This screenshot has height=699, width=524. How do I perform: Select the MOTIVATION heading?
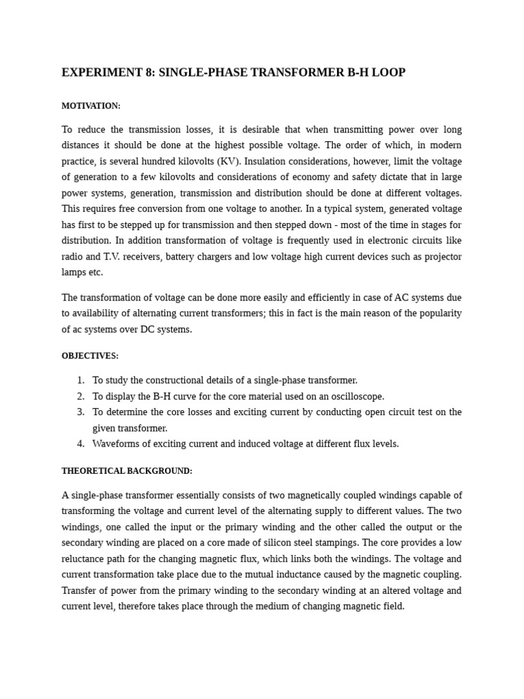click(91, 106)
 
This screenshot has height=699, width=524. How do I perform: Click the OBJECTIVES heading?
click(90, 356)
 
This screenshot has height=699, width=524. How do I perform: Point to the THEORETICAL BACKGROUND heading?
click(127, 471)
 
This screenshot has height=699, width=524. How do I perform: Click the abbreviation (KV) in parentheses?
click(229, 161)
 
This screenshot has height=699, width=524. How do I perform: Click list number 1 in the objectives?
click(81, 380)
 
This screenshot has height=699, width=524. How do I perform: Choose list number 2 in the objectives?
click(81, 397)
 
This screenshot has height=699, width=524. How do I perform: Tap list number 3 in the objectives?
click(81, 412)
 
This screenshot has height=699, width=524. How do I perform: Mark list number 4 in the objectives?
click(81, 444)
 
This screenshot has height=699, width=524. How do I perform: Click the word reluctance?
click(83, 559)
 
